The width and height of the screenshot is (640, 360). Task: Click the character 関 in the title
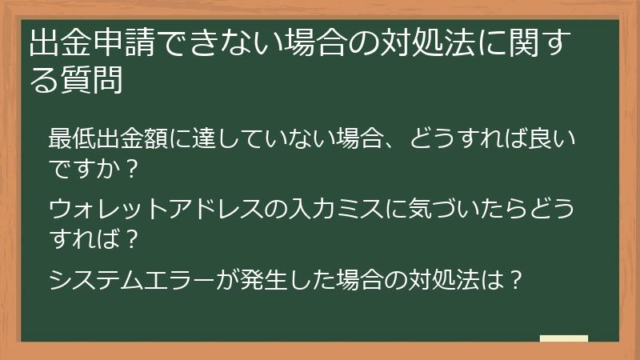(x=531, y=45)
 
